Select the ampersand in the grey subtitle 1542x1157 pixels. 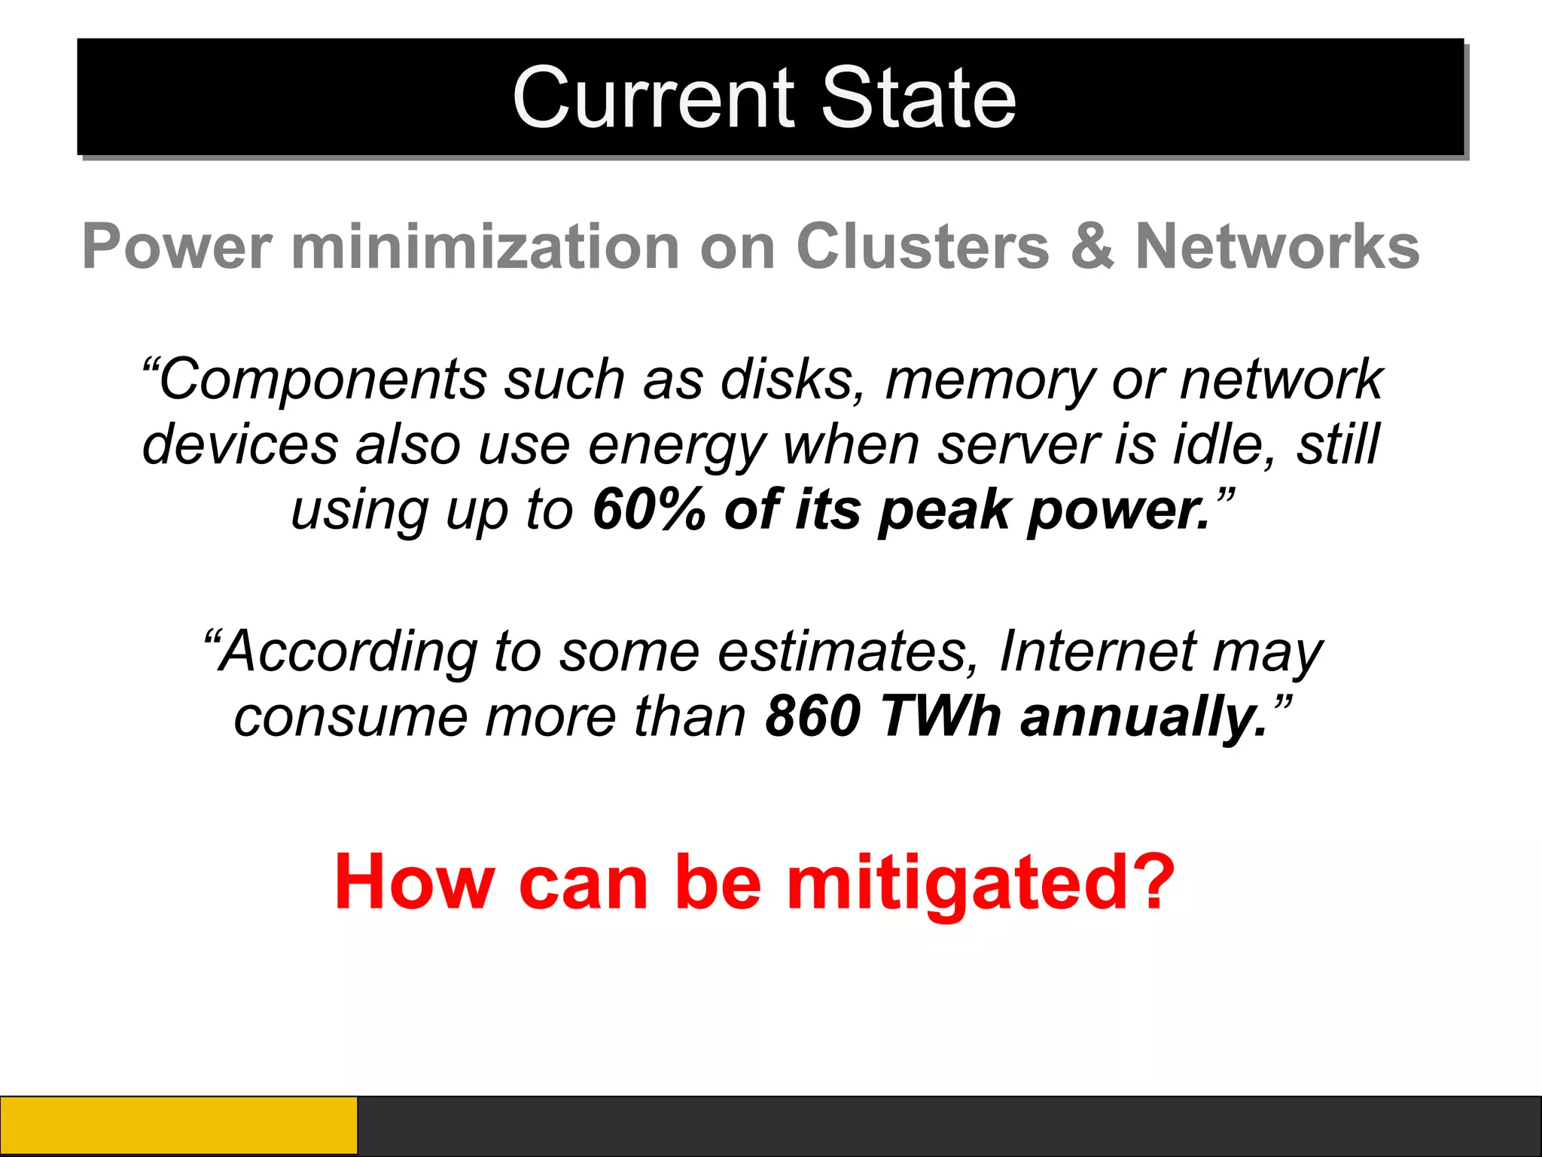pos(1091,246)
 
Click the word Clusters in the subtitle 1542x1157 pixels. pos(922,246)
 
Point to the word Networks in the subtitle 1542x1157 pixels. pos(1277,246)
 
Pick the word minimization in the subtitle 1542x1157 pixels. pos(486,246)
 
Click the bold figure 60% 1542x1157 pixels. pos(648,510)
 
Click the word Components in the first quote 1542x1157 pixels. pos(322,379)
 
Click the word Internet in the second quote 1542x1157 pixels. pos(1097,651)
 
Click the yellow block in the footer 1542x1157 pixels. pos(178,1125)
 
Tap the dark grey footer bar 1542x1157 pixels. pos(949,1125)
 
